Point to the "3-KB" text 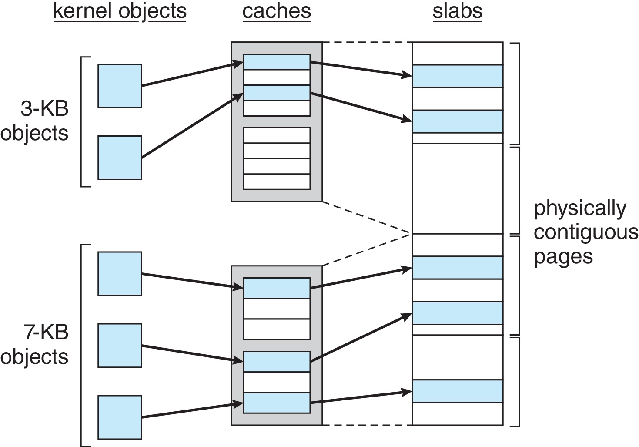point(45,108)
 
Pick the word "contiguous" point(585,232)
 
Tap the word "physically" point(579,208)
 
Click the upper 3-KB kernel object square point(120,86)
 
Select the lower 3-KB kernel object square point(120,158)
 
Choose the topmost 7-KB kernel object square point(120,273)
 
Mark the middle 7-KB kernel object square point(120,345)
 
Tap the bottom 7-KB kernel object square point(120,417)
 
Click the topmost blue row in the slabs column point(457,76)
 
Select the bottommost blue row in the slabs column point(457,391)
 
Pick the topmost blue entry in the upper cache point(277,62)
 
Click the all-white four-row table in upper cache point(277,158)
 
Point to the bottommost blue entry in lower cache point(277,403)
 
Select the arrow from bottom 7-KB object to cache point(191,410)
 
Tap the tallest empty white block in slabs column point(457,188)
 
